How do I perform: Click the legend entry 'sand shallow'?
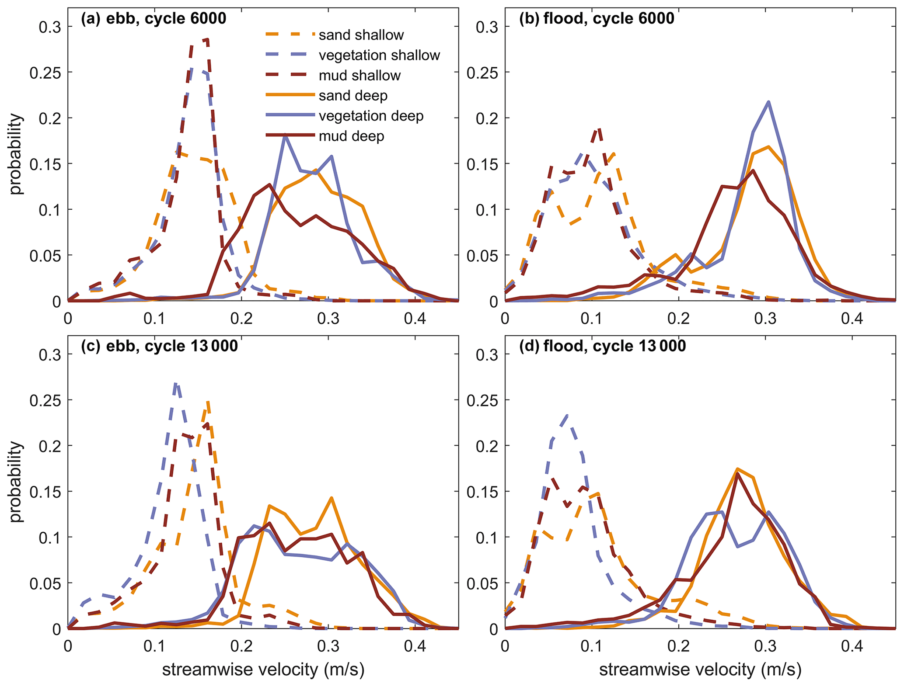[361, 35]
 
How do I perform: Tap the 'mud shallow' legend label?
[360, 75]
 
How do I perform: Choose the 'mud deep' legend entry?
[351, 136]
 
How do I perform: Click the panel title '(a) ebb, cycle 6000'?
[154, 18]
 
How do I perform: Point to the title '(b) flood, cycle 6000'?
[597, 18]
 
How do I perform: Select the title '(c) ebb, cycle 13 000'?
[159, 346]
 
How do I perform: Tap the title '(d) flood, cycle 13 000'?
[602, 346]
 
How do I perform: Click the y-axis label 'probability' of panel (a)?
[16, 154]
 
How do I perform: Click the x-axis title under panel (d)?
[700, 670]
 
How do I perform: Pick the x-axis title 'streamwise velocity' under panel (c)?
[263, 670]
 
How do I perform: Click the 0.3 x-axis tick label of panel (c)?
[328, 646]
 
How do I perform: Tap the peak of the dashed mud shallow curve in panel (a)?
[207, 39]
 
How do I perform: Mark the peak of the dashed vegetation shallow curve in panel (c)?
[176, 383]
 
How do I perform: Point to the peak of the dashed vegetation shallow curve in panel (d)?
[567, 415]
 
